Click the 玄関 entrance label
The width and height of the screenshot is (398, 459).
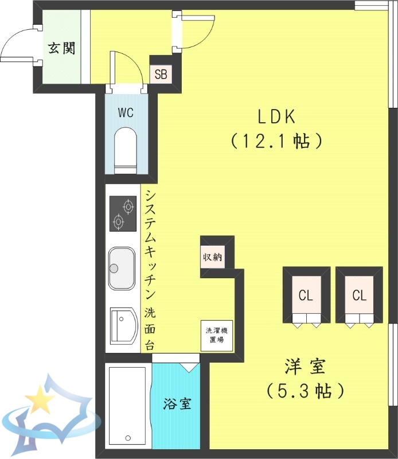tap(61, 48)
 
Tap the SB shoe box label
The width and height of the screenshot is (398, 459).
tap(161, 73)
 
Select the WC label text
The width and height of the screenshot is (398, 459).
tap(126, 112)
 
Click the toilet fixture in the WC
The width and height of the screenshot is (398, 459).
tap(126, 150)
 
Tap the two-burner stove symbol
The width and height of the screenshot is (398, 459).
tap(122, 213)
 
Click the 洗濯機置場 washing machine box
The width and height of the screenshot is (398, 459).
tap(216, 336)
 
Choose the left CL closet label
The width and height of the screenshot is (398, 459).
tap(305, 295)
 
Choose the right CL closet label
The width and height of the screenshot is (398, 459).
tap(359, 295)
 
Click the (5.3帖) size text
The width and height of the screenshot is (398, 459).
tap(305, 391)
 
